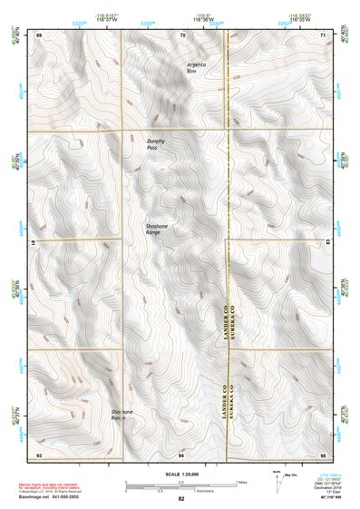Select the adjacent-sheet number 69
39,34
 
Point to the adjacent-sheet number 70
182,34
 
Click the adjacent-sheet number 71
324,34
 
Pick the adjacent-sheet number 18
35,244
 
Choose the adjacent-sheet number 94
181,454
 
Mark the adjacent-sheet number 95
324,454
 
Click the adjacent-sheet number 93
39,454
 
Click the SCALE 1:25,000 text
180,473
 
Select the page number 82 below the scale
181,499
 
